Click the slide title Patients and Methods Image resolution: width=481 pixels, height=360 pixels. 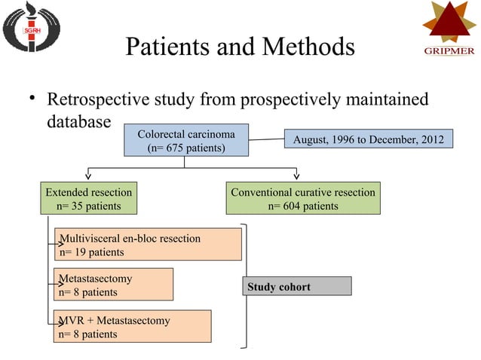[x=240, y=47]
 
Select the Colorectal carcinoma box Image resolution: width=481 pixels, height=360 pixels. [x=186, y=142]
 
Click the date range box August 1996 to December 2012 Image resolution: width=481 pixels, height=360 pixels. [x=369, y=140]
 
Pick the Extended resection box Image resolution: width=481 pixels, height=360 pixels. [x=89, y=199]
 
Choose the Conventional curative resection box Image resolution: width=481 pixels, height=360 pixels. [x=302, y=199]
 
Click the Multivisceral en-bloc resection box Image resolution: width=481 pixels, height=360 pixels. [x=148, y=245]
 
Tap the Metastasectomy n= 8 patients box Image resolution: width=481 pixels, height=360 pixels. [x=113, y=285]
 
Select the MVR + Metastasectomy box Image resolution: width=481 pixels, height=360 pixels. [x=132, y=327]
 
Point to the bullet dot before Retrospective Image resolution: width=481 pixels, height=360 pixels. [x=32, y=100]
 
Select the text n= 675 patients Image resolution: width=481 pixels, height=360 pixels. [x=186, y=148]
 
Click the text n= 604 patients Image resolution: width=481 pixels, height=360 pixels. [x=302, y=206]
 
